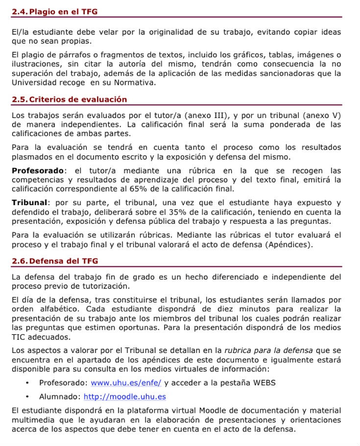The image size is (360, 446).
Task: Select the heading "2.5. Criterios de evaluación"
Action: [x=69, y=99]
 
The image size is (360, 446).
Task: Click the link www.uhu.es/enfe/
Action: [x=126, y=382]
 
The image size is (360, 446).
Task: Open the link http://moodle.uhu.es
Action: [x=124, y=397]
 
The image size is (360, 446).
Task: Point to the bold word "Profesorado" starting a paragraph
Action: [x=38, y=171]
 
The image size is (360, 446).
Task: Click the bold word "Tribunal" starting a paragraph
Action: [x=30, y=203]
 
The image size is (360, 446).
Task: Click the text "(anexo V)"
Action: [x=322, y=116]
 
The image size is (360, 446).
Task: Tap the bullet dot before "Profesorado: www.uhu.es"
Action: [x=27, y=382]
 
